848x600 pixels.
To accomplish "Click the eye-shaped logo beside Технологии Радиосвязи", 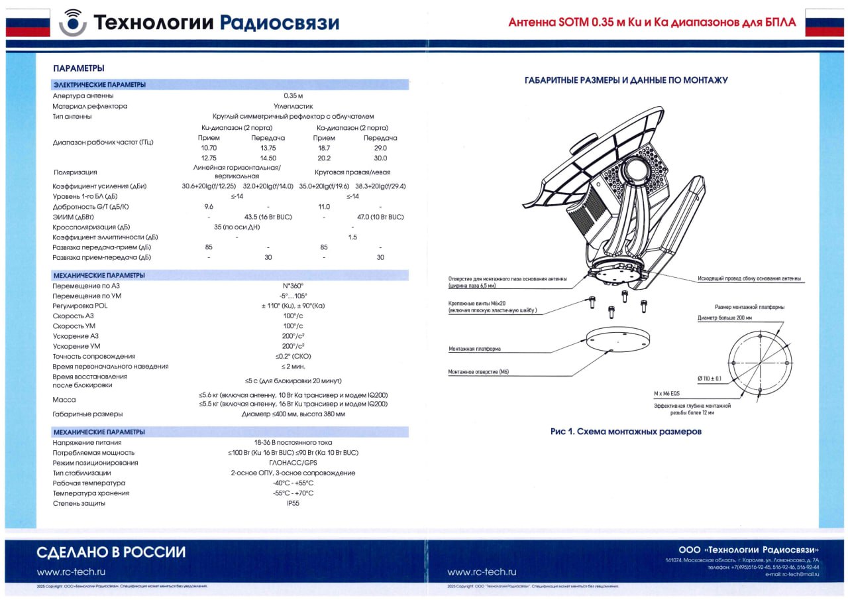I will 72,23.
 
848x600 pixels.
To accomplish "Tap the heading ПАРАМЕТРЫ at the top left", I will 79,68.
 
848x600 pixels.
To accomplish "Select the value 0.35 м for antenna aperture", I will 293,96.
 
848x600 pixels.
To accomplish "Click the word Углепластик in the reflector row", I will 293,106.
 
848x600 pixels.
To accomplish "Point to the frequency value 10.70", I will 209,148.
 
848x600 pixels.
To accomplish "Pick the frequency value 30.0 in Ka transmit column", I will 380,158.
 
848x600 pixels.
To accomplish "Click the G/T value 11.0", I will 324,207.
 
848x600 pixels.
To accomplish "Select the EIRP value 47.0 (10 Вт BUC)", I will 380,217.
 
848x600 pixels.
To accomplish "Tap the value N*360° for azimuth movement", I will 293,286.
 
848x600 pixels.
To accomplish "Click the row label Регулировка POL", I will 80,306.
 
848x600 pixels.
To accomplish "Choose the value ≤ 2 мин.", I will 293,367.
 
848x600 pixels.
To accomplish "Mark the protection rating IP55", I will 293,503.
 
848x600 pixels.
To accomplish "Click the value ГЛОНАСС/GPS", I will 293,463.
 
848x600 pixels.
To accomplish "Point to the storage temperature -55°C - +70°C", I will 293,493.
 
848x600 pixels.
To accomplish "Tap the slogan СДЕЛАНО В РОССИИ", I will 111,552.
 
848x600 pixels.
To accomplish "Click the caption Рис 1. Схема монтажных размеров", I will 625,432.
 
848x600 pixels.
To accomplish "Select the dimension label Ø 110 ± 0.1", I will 709,379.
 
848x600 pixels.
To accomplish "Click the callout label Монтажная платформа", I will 474,349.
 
